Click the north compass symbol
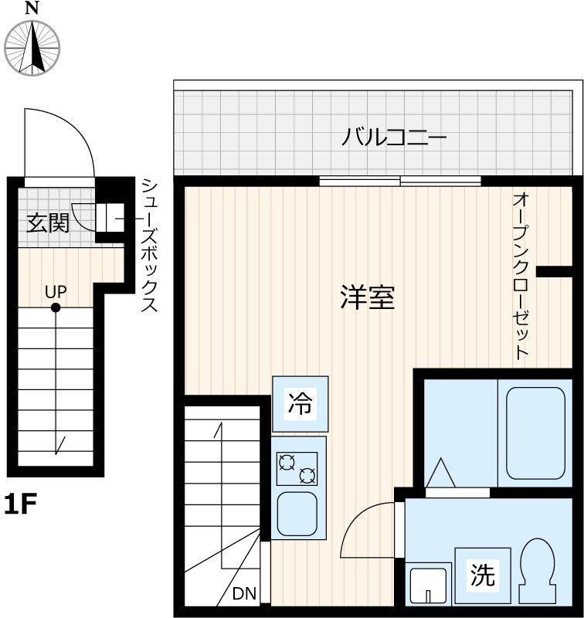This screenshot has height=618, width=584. coord(32,46)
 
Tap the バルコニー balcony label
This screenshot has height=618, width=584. coord(395,140)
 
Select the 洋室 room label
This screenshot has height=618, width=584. coord(367,297)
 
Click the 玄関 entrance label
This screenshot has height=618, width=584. coord(49,223)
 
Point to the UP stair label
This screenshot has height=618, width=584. coord(56,291)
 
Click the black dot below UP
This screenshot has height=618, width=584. coord(56,308)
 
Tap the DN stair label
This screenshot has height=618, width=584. coord(244,593)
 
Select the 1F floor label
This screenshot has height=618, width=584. coord(21,504)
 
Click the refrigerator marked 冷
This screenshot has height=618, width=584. coord(300,403)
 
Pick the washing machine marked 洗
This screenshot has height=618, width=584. coord(483,575)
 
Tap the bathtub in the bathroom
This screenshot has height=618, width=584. coord(538,433)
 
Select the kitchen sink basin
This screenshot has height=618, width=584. coord(297,512)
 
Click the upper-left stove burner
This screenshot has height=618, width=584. coord(287,462)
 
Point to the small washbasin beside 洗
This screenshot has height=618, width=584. coord(428,585)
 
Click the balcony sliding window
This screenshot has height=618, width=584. coord(400,182)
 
